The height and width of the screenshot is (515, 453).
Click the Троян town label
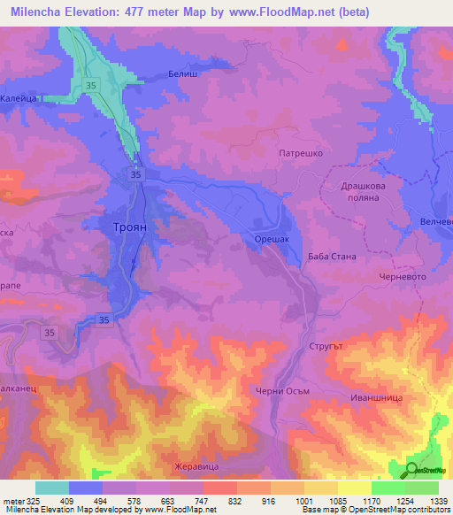click(134, 227)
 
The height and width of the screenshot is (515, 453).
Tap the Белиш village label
click(181, 76)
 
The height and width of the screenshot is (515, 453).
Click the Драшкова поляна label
click(366, 193)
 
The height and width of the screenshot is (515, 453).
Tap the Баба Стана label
click(332, 257)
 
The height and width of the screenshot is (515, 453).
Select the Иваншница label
click(376, 398)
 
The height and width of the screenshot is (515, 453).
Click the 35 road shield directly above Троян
click(134, 175)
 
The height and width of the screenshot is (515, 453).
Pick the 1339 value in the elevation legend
click(428, 502)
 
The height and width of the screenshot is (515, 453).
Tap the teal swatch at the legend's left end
click(51, 488)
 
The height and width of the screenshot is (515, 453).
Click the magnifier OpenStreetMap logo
click(411, 470)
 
